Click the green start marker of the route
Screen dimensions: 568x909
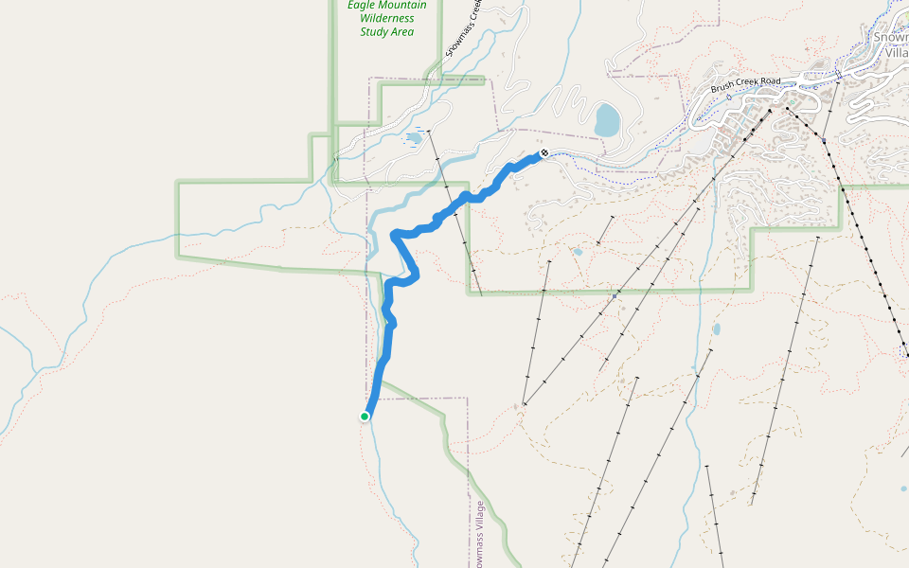pyautogui.click(x=365, y=416)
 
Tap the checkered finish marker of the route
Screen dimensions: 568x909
pyautogui.click(x=544, y=152)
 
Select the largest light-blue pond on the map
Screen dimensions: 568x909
pyautogui.click(x=607, y=120)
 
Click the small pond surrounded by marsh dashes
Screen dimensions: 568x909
pyautogui.click(x=414, y=138)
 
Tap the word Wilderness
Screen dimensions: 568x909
pyautogui.click(x=386, y=18)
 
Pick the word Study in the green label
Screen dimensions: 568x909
pyautogui.click(x=373, y=31)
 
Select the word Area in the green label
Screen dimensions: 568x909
pyautogui.click(x=402, y=31)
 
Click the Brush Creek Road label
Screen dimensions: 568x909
pyautogui.click(x=746, y=81)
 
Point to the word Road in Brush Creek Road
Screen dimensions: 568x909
pyautogui.click(x=769, y=81)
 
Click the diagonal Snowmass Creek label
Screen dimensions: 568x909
pyautogui.click(x=464, y=27)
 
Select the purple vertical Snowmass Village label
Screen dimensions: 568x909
pyautogui.click(x=480, y=535)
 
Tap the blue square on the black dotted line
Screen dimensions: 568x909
pyautogui.click(x=824, y=141)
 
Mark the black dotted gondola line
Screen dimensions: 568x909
pyautogui.click(x=862, y=237)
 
